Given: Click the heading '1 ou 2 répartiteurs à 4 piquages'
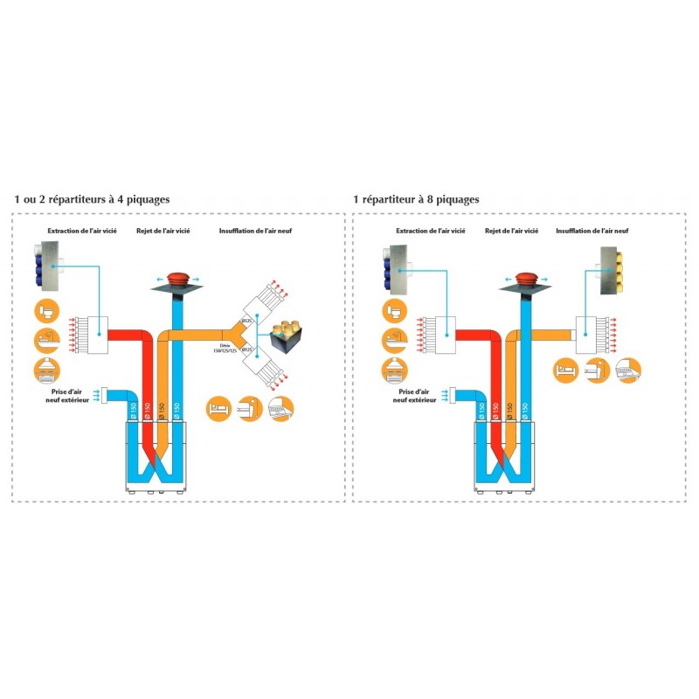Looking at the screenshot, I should pos(92,199).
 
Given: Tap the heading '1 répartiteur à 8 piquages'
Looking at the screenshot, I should pos(416,199).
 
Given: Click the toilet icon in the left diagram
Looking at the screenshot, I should pos(48,311).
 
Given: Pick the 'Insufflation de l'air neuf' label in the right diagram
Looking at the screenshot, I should pos(592,232).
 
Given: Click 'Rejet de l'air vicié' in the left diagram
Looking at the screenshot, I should pos(163,232).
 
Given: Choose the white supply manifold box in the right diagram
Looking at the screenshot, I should pos(585,333).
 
